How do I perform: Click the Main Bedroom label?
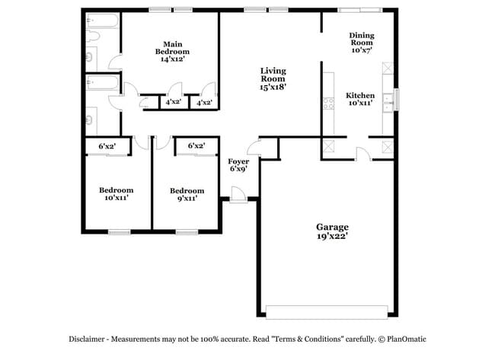point(171,50)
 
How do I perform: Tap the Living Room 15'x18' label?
point(273,78)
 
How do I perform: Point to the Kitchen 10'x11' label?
point(359,100)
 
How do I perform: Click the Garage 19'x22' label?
point(332,231)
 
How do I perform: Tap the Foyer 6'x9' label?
point(239,164)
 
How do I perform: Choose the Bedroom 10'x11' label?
point(116,194)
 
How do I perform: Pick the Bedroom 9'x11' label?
point(187,194)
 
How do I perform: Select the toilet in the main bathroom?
point(90,55)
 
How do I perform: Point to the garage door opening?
point(327,311)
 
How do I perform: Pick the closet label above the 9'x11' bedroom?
point(195,145)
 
